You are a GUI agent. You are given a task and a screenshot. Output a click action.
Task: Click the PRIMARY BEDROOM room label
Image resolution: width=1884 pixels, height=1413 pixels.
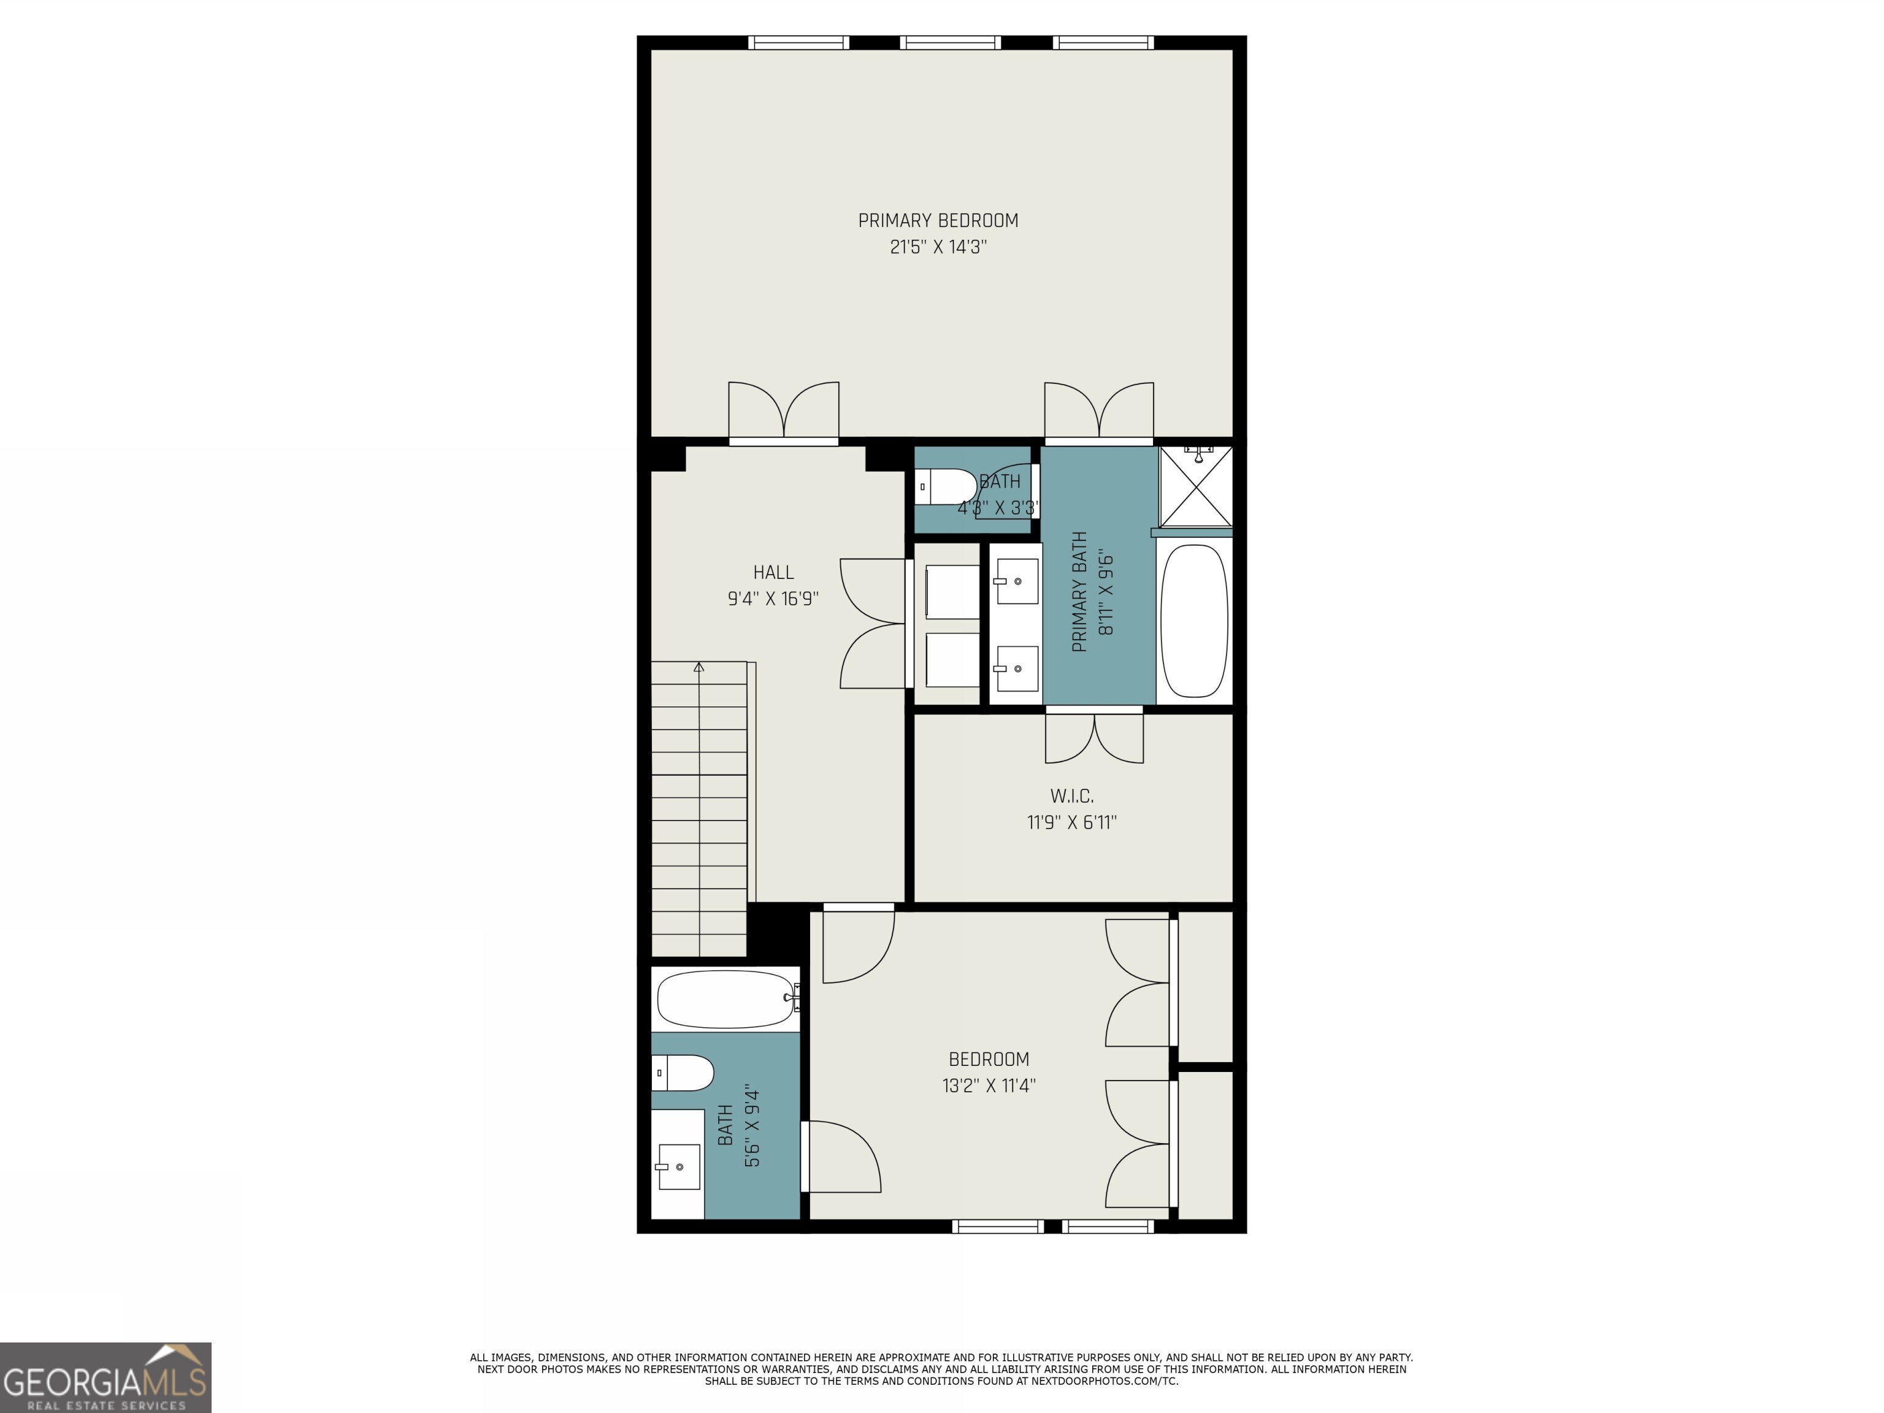coord(938,221)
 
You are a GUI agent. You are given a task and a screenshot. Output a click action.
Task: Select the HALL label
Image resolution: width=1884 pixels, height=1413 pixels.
coord(773,572)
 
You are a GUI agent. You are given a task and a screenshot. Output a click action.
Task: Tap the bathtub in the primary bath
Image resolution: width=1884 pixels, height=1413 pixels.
coord(1194,621)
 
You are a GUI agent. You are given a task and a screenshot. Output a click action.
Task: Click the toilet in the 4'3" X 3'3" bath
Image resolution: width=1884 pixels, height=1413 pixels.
coord(946,486)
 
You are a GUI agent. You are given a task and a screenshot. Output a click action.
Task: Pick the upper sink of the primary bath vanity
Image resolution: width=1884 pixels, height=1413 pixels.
coord(1016,581)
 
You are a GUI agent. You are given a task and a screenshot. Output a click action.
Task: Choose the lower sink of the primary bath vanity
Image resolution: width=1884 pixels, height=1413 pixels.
coord(1016,668)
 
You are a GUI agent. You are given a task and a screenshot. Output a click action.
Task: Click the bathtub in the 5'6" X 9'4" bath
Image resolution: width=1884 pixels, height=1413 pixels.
coord(727,998)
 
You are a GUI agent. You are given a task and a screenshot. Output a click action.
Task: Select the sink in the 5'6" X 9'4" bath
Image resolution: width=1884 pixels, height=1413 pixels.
coord(678,1166)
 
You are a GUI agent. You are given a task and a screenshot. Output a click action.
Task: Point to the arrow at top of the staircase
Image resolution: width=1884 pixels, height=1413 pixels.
coord(699,667)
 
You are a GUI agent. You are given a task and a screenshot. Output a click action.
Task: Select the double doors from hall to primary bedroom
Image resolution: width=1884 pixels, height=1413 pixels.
coord(784,413)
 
